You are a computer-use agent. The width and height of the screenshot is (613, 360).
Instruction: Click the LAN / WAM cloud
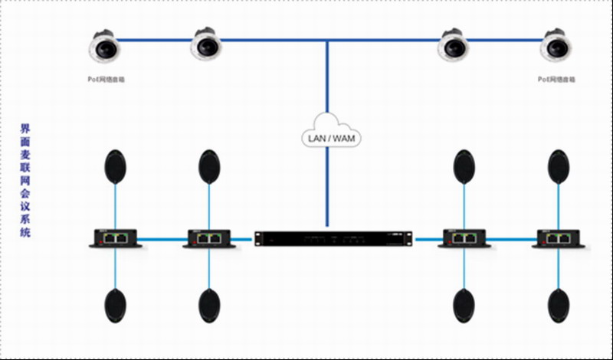click(x=329, y=137)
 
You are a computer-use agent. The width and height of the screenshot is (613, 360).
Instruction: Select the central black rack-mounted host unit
click(x=333, y=239)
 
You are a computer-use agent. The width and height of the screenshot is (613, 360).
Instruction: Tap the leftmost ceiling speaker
click(x=104, y=47)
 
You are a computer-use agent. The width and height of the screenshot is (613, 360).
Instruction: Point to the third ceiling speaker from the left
click(x=453, y=47)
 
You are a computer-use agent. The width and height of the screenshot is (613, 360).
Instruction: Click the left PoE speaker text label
click(x=106, y=79)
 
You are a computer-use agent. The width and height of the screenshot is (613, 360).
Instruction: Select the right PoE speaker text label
click(x=556, y=79)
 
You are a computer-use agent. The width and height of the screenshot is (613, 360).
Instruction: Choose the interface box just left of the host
click(x=208, y=237)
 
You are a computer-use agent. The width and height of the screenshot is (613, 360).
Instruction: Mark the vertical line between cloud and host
click(x=328, y=188)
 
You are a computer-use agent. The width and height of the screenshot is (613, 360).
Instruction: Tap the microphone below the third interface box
click(x=464, y=306)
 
